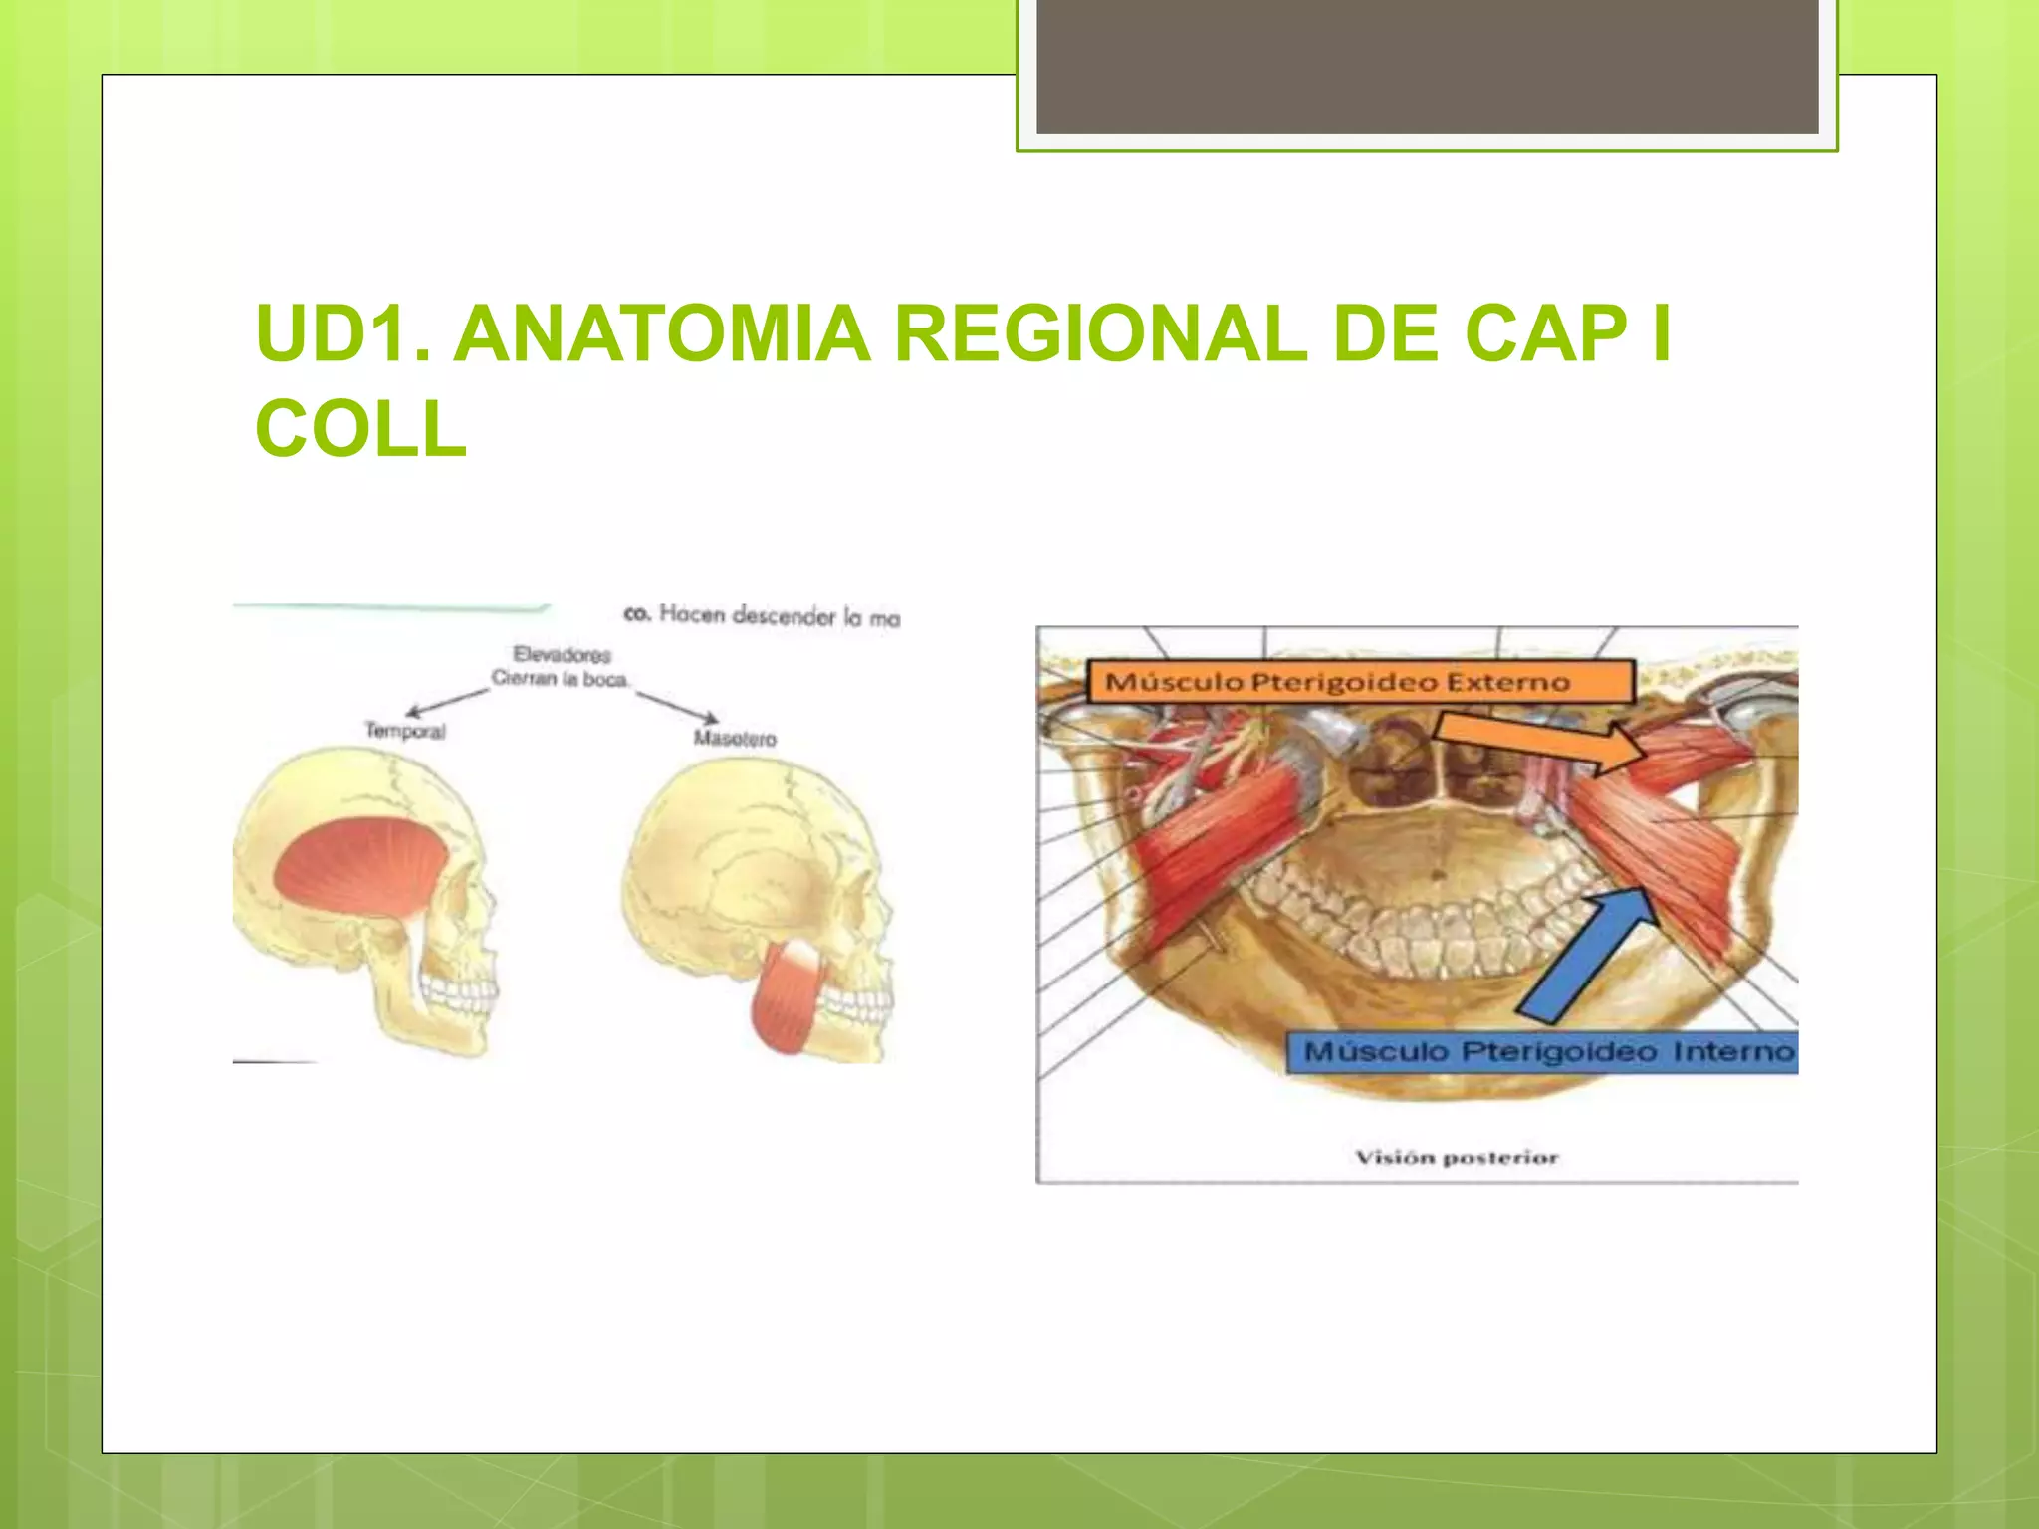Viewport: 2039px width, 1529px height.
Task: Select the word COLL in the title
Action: click(x=360, y=429)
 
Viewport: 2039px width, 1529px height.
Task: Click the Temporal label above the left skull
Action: click(x=404, y=731)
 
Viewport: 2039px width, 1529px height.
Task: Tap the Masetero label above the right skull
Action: click(x=735, y=738)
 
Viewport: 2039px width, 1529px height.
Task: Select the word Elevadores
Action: click(x=562, y=654)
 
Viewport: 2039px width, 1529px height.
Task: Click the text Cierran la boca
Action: click(x=560, y=679)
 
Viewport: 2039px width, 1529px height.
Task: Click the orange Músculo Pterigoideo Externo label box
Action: click(x=1359, y=682)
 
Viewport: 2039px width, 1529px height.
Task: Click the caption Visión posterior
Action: click(x=1457, y=1157)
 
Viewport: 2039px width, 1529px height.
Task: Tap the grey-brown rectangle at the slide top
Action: click(x=1427, y=66)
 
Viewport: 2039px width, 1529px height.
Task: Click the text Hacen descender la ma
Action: click(x=779, y=616)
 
